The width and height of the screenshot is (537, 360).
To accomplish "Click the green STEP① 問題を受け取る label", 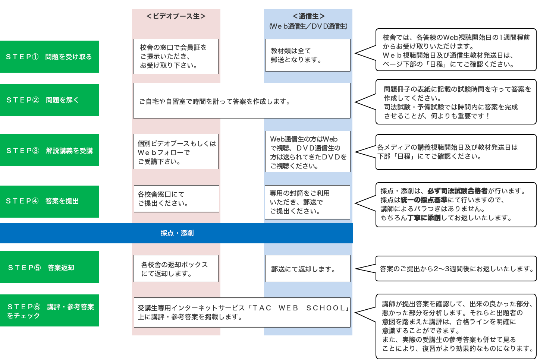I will pyautogui.click(x=49, y=57).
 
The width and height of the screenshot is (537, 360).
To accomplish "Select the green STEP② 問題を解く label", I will pyautogui.click(x=49, y=100).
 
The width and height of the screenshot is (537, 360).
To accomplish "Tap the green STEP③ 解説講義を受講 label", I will pyautogui.click(x=49, y=151).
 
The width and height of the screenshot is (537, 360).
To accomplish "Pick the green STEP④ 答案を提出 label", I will pyautogui.click(x=49, y=201).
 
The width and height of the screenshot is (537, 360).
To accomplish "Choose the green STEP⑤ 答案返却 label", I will pyautogui.click(x=49, y=268).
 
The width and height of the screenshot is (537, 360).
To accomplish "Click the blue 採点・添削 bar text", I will pyautogui.click(x=177, y=233).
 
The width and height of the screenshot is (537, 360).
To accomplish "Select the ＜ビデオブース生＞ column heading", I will pyautogui.click(x=176, y=16).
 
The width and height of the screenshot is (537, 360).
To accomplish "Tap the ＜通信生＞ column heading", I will pyautogui.click(x=308, y=16).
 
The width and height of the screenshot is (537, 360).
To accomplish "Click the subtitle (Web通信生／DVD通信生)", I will pyautogui.click(x=308, y=26).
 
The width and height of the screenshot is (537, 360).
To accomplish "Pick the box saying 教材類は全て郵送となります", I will pyautogui.click(x=308, y=55).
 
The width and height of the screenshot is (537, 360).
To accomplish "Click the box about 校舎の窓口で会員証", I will pyautogui.click(x=176, y=56).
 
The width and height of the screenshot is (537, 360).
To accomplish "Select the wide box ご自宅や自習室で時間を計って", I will pyautogui.click(x=242, y=101).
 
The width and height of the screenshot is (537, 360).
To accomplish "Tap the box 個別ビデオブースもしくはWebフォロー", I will pyautogui.click(x=176, y=152).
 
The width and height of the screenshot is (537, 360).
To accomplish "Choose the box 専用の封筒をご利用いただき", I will pyautogui.click(x=307, y=202).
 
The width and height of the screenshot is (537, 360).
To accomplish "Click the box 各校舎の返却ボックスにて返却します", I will pyautogui.click(x=176, y=269).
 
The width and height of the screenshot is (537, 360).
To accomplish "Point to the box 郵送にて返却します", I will pyautogui.click(x=308, y=269).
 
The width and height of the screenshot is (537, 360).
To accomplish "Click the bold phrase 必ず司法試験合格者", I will pyautogui.click(x=457, y=191).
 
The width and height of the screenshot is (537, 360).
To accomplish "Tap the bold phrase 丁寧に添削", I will pyautogui.click(x=424, y=218).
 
